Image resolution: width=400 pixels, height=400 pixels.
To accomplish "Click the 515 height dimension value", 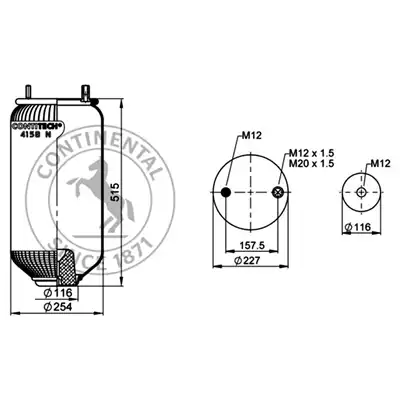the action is tap(115, 192).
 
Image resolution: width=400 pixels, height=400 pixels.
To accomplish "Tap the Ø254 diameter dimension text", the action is tap(58, 307).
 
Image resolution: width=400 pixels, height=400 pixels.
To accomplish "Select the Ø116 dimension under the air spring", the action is tap(58, 293).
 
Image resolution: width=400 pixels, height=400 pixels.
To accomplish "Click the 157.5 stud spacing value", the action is tap(252, 246).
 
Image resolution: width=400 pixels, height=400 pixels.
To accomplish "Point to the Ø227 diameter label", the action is tap(247, 261).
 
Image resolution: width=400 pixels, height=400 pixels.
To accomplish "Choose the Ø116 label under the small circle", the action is tap(358, 227).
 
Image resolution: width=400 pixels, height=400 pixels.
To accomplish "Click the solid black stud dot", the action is tap(226, 192).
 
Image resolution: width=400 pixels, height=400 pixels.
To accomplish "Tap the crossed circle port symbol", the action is tap(278, 192).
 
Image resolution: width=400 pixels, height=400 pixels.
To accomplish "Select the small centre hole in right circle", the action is tap(361, 192).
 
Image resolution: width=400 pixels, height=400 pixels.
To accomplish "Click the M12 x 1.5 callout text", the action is tap(311, 153).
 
